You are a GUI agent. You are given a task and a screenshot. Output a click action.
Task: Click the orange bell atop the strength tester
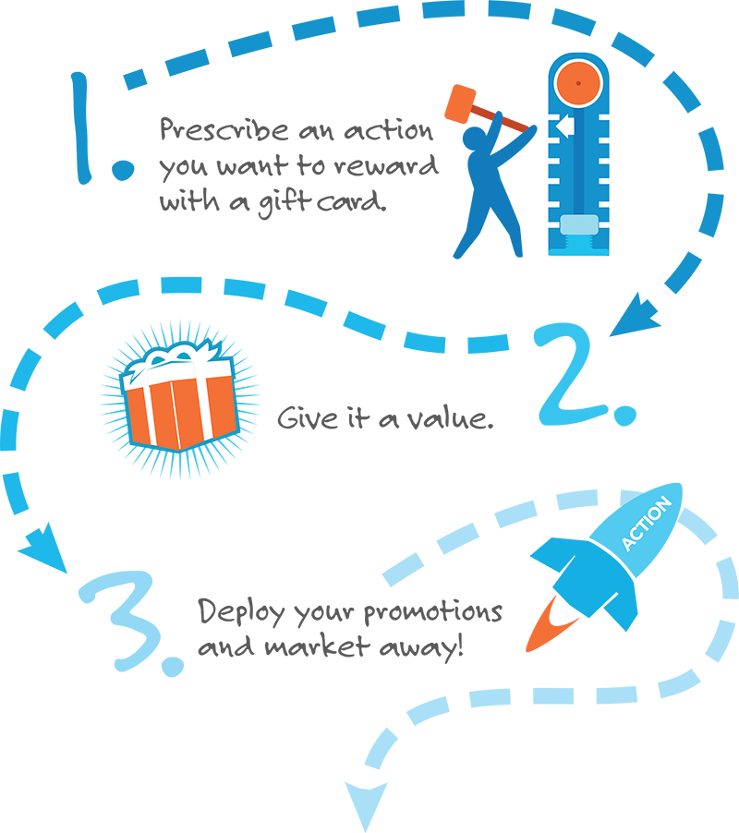(578, 83)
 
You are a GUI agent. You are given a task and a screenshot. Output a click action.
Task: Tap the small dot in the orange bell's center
(578, 84)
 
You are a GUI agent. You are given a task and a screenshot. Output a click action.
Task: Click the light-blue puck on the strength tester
(578, 226)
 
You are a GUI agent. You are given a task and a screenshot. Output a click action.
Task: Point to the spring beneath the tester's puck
(578, 244)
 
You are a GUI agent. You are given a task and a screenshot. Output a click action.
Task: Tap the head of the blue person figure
(481, 112)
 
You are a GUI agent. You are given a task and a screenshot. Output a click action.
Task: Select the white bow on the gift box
(168, 361)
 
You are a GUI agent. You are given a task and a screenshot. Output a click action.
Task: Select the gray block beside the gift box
(388, 416)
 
